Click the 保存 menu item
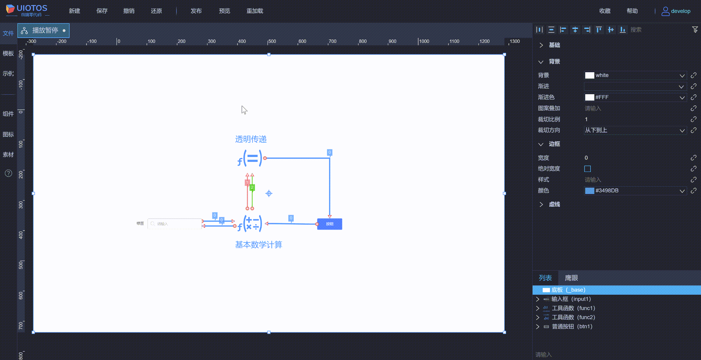(x=102, y=11)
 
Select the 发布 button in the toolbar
(x=196, y=11)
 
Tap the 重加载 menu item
(x=255, y=11)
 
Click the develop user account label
(x=680, y=11)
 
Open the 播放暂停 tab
(x=44, y=31)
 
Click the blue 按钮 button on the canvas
(x=330, y=224)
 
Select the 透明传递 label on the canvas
(x=251, y=139)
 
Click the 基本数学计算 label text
(x=258, y=245)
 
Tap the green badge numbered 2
(x=252, y=187)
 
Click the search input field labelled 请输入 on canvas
(x=175, y=224)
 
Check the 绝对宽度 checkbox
(x=588, y=169)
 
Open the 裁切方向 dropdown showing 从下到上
(x=635, y=130)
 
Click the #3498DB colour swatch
(x=589, y=191)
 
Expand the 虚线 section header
(x=554, y=204)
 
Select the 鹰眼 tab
(x=571, y=278)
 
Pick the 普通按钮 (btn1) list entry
(x=572, y=327)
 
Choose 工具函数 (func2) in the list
(x=573, y=317)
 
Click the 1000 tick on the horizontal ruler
(x=424, y=42)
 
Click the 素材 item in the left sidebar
(x=8, y=155)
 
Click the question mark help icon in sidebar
(x=8, y=173)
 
